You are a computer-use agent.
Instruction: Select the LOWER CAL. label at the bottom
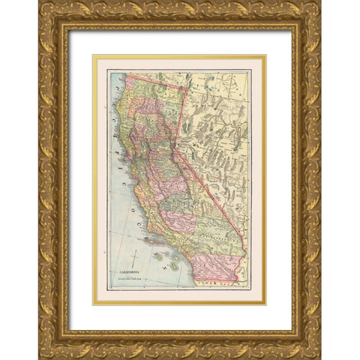[x=217, y=283]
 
